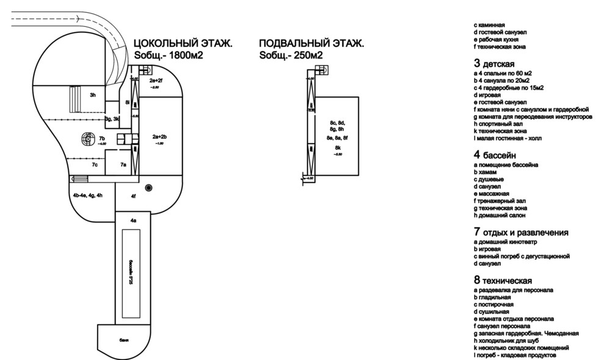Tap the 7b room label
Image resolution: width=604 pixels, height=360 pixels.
point(102,139)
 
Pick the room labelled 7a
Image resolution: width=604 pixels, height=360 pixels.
point(123,165)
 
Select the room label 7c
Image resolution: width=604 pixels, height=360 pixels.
point(95,165)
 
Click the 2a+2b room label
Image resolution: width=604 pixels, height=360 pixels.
point(160,137)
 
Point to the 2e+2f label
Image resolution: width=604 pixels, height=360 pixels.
point(156,81)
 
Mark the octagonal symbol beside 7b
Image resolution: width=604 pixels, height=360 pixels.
point(86,140)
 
